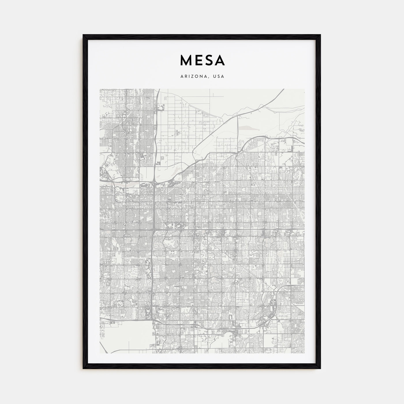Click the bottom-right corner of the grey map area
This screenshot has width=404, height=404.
pos(304,353)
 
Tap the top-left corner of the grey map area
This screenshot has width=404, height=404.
pos(100,89)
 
